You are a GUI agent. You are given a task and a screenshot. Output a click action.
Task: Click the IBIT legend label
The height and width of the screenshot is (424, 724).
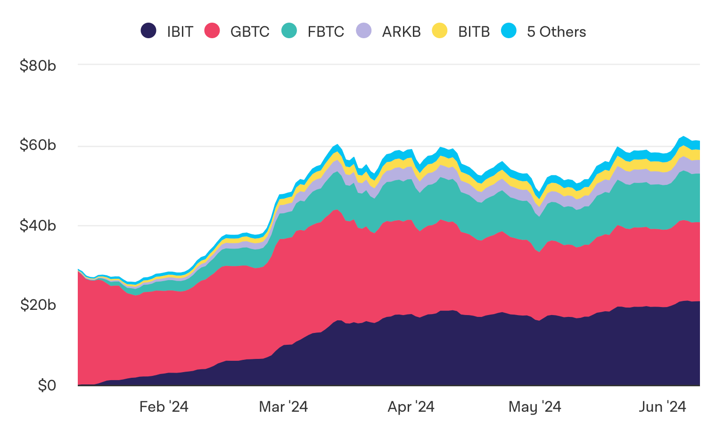pyautogui.click(x=180, y=32)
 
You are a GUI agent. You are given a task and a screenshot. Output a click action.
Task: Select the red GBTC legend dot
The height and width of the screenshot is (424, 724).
pyautogui.click(x=212, y=31)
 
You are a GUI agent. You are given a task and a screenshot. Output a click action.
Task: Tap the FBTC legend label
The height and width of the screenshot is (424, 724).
pyautogui.click(x=326, y=32)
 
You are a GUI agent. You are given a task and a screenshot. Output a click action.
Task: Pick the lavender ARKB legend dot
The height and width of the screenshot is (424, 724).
pyautogui.click(x=364, y=31)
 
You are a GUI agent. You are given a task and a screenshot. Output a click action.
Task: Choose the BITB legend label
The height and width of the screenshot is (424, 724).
pyautogui.click(x=474, y=32)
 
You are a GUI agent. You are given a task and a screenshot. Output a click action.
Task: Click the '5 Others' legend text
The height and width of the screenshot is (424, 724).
pyautogui.click(x=556, y=32)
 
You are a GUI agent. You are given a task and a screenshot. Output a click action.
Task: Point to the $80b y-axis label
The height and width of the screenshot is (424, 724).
pyautogui.click(x=38, y=66)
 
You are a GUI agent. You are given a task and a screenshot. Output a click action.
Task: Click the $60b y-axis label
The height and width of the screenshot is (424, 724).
pyautogui.click(x=38, y=145)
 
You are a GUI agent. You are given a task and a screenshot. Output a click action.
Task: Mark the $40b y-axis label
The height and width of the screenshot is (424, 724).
pyautogui.click(x=38, y=225)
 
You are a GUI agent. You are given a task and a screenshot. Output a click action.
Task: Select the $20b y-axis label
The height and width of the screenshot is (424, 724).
pyautogui.click(x=38, y=305)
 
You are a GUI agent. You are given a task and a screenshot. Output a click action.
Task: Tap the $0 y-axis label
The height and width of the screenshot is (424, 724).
pyautogui.click(x=47, y=385)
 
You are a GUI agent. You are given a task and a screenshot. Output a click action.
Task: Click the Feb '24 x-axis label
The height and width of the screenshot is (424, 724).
pyautogui.click(x=164, y=407)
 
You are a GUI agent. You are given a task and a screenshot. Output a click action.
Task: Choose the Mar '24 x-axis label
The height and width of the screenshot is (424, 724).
pyautogui.click(x=283, y=407)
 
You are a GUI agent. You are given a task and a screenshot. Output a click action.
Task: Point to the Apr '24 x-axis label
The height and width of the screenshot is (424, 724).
pyautogui.click(x=411, y=407)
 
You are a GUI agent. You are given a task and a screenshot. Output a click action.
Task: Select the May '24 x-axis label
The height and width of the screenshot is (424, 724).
pyautogui.click(x=535, y=407)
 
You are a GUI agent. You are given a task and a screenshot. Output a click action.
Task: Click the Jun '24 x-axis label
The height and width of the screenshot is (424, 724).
pyautogui.click(x=662, y=407)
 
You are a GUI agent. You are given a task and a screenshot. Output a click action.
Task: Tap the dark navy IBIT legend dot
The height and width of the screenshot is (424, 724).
pyautogui.click(x=148, y=31)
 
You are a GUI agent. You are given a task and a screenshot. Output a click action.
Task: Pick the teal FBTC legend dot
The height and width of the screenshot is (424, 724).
pyautogui.click(x=289, y=31)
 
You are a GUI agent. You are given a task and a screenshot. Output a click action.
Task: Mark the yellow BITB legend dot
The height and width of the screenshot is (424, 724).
pyautogui.click(x=440, y=31)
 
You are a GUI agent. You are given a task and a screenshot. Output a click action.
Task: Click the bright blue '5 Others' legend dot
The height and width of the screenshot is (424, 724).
pyautogui.click(x=509, y=31)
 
